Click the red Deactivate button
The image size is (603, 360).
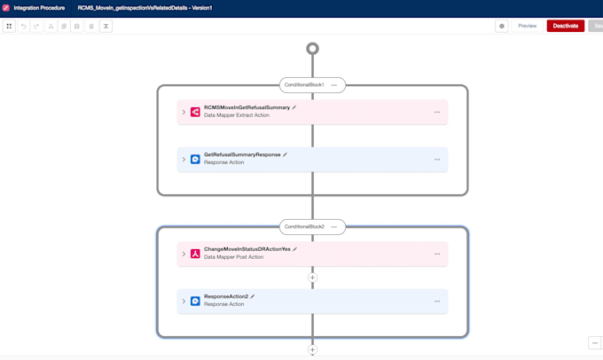(x=566, y=26)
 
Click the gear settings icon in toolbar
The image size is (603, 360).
(x=502, y=26)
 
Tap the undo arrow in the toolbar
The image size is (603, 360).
(x=23, y=26)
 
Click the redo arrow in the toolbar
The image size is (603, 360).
(x=36, y=26)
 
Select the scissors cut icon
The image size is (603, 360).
(x=51, y=26)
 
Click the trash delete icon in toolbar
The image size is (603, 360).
(x=91, y=26)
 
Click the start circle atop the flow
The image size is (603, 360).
(x=312, y=49)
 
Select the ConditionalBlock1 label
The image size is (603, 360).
(x=304, y=85)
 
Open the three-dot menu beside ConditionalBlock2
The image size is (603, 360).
(x=333, y=227)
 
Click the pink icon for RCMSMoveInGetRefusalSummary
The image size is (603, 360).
(x=195, y=112)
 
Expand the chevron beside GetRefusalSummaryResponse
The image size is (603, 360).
(x=184, y=160)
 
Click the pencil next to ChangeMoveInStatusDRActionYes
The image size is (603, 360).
(x=295, y=249)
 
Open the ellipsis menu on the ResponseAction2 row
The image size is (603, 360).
(x=437, y=301)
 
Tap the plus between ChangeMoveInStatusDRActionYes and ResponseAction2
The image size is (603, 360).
(x=312, y=278)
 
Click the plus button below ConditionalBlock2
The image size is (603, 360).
(x=312, y=349)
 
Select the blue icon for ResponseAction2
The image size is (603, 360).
(x=195, y=301)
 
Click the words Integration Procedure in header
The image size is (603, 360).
(x=39, y=8)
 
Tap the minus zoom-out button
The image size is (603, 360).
(x=595, y=342)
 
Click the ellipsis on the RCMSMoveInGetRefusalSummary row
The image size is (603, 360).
(x=437, y=113)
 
